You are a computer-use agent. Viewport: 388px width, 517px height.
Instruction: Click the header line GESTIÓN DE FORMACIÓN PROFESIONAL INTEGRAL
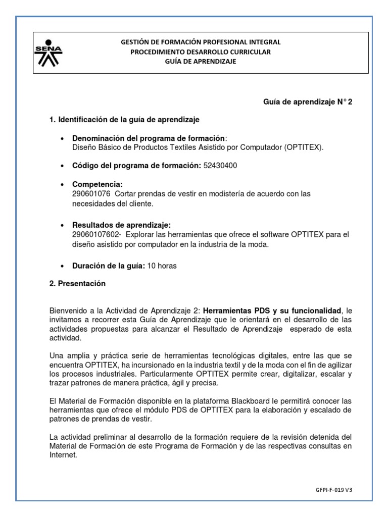click(201, 42)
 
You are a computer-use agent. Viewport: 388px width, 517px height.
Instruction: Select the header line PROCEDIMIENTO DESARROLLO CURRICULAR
click(201, 52)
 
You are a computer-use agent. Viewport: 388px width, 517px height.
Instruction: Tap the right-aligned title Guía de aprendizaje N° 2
click(308, 102)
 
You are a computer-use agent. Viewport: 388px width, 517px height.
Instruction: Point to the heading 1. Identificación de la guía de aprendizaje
click(124, 120)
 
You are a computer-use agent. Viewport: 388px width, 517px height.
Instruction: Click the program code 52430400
click(220, 166)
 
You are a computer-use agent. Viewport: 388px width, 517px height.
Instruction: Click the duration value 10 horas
click(161, 266)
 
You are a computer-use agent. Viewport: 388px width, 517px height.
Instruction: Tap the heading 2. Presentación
click(77, 284)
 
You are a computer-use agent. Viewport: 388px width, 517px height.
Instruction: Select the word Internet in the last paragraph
click(62, 441)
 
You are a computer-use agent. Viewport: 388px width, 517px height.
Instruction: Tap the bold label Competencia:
click(98, 184)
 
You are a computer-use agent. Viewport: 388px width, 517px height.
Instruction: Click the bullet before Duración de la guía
click(62, 266)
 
